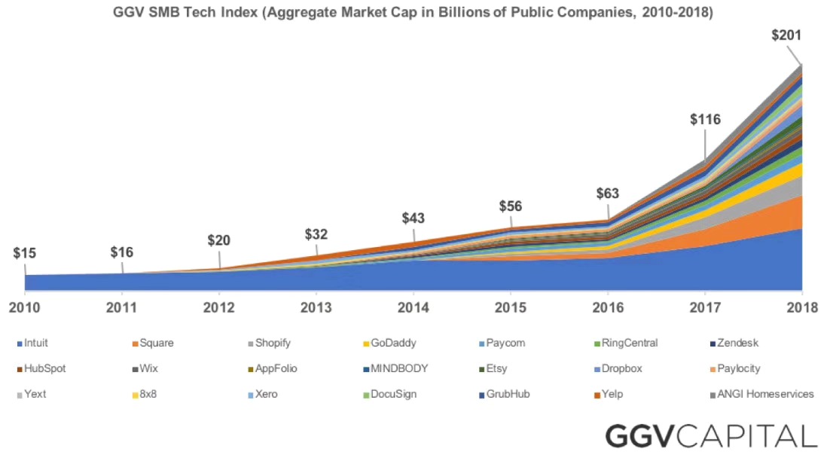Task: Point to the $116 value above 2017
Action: pos(705,119)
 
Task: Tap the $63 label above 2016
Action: pos(607,193)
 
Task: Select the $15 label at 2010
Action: pos(25,254)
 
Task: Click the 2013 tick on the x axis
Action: pos(316,307)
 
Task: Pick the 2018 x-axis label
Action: pos(802,307)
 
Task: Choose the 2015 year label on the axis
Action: pos(511,307)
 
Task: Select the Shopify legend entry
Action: pos(272,343)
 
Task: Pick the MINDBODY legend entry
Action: pos(400,368)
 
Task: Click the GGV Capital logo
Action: pos(711,436)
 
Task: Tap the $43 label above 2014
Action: pos(413,218)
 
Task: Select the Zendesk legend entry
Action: pos(737,343)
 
